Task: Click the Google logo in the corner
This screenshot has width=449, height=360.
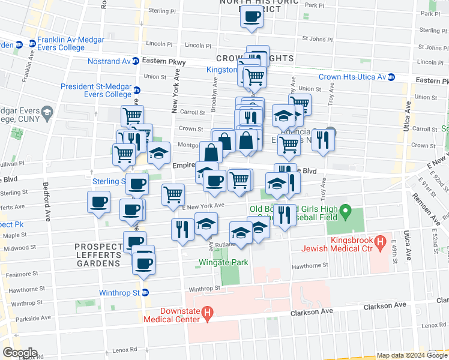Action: point(20,353)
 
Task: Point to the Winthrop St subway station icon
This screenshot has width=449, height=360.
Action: point(145,293)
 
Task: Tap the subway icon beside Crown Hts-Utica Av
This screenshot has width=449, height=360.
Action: point(391,77)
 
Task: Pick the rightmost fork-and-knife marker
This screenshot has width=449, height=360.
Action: point(323,140)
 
